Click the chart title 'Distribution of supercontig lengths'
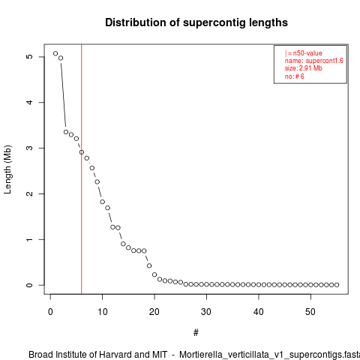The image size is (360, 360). coord(196,22)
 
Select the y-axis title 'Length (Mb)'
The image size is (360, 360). coord(7,169)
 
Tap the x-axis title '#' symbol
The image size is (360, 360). coord(196,333)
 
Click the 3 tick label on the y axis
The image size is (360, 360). coord(29,148)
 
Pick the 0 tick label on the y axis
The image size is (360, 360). coord(29,285)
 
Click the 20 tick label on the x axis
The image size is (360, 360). coord(154,312)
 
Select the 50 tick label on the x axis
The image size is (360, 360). coord(310,312)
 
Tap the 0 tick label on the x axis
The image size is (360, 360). coord(50,312)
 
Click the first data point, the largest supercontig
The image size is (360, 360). coord(55,53)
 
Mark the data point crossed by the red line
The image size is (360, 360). coord(82,152)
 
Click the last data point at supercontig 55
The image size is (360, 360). coord(337,285)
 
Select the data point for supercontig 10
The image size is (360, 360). coord(102,202)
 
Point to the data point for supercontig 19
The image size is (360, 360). coord(149,265)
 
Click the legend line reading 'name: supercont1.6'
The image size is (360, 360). coord(314,61)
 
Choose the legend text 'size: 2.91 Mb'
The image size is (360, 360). coord(304,68)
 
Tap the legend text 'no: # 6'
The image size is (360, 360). coord(295,76)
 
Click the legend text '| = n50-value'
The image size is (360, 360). coord(304,53)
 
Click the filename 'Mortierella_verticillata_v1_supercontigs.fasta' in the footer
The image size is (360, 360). coord(269,355)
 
